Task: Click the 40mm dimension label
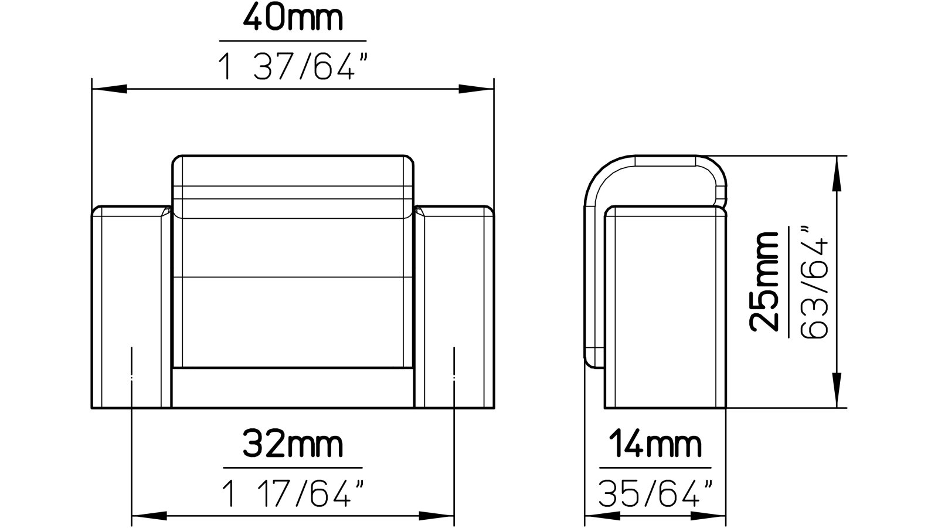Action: point(293,19)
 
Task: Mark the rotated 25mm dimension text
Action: point(765,282)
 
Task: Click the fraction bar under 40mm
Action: point(293,41)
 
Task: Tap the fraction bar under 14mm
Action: point(655,468)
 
